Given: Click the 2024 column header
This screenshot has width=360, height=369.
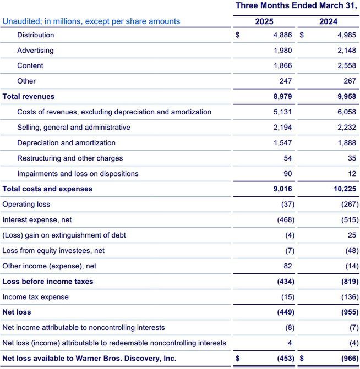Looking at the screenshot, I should click(328, 21).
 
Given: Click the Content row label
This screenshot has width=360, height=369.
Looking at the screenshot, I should click(30, 66).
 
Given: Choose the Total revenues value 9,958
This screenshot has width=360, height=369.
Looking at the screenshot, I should click(345, 97).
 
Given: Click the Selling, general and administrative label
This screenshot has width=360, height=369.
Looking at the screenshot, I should click(74, 128).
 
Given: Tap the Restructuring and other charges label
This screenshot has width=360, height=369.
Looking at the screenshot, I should click(70, 158).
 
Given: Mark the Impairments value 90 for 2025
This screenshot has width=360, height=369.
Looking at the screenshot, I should click(288, 174).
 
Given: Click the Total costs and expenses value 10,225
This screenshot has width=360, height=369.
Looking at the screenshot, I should click(343, 189).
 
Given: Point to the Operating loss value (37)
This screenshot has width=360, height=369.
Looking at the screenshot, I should click(285, 205).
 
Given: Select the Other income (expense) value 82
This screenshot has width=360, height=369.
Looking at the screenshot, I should click(288, 266).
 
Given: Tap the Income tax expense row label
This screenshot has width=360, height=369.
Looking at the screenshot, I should click(36, 297).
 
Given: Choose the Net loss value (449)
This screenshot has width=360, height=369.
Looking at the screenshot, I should click(283, 312).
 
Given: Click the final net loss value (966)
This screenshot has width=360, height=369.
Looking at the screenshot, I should click(345, 359).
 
